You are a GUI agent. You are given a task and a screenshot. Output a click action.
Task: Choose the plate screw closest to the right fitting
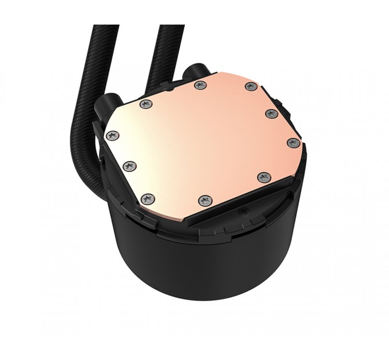pyautogui.click(x=200, y=85)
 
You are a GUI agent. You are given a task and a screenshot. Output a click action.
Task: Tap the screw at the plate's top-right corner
pyautogui.click(x=250, y=86)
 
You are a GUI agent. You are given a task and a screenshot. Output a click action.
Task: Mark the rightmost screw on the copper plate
pyautogui.click(x=292, y=143)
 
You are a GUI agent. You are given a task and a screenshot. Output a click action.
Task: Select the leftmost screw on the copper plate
pyautogui.click(x=113, y=136)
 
